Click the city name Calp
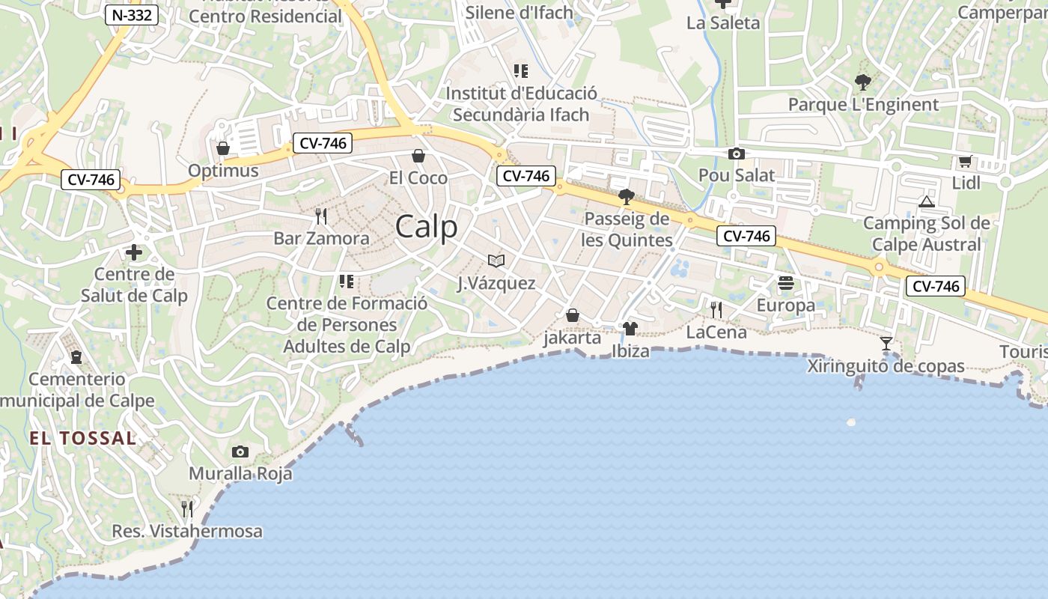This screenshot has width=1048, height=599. (426, 227)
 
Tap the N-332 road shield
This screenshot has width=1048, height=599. (132, 15)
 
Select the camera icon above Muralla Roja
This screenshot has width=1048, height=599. (240, 451)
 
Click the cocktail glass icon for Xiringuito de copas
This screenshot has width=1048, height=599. (886, 344)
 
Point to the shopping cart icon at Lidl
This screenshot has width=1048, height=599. (965, 162)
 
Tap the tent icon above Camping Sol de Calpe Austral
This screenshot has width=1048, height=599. (927, 201)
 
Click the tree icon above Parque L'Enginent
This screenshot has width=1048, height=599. (863, 82)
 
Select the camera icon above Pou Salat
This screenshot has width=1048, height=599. (737, 154)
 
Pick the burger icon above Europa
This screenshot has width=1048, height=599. (785, 283)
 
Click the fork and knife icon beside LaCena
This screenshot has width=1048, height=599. (716, 309)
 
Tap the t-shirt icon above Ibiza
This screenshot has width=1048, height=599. (630, 328)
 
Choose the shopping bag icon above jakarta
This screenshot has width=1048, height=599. (573, 315)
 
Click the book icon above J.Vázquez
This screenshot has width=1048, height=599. (496, 261)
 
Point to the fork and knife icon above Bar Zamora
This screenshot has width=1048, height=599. (321, 216)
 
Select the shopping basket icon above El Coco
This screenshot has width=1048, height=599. (418, 156)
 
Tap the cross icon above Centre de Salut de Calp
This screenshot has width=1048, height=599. (134, 252)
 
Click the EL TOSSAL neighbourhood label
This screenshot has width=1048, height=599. (82, 438)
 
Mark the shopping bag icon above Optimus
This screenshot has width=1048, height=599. (222, 148)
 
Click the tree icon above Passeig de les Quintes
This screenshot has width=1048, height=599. (627, 197)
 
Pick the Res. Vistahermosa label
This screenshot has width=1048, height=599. (187, 532)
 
